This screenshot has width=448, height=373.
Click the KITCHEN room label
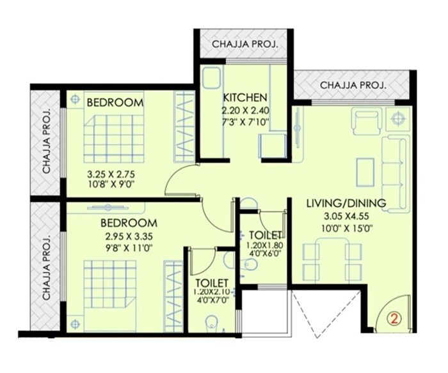pyautogui.click(x=244, y=98)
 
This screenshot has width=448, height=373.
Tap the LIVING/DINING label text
pyautogui.click(x=345, y=204)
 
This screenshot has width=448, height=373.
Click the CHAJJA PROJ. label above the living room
pyautogui.click(x=353, y=84)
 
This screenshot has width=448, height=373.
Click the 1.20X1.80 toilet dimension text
pyautogui.click(x=263, y=245)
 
